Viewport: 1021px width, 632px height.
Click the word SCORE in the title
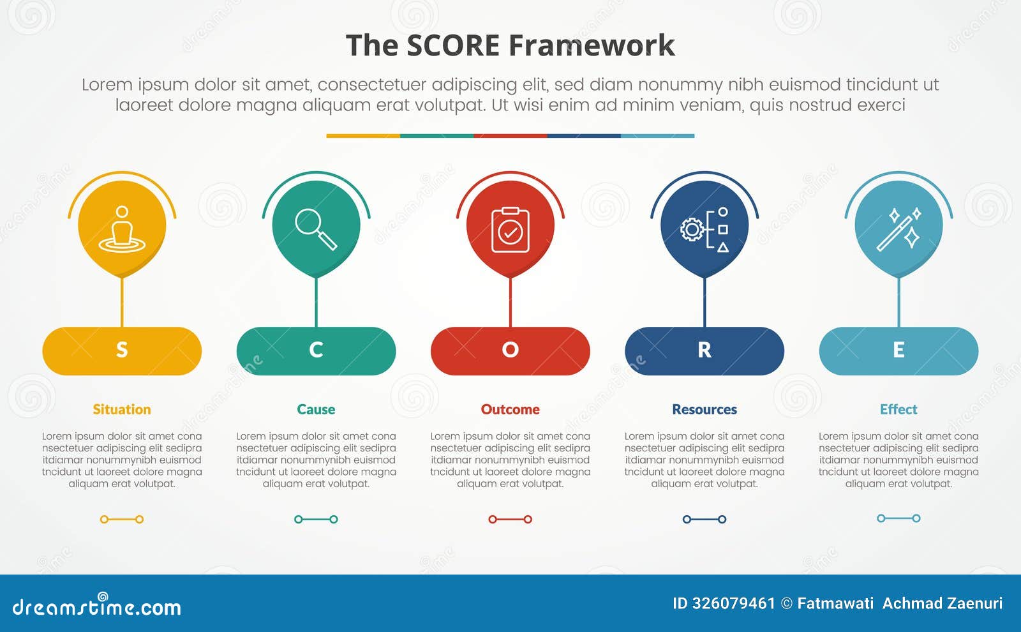452,46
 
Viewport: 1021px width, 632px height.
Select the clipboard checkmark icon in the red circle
510,230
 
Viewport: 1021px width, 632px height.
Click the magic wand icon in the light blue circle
898,229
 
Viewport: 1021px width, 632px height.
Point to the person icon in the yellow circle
122,229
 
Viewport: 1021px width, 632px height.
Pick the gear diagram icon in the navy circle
704,229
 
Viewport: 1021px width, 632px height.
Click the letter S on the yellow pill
122,350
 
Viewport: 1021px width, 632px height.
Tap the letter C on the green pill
316,350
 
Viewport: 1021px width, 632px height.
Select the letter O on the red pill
510,350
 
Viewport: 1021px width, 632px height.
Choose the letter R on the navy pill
704,350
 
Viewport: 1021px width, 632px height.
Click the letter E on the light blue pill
898,350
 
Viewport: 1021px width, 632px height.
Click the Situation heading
122,409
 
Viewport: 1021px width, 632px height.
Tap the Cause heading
316,409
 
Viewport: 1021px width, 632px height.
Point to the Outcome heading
510,409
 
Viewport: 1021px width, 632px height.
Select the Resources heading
704,409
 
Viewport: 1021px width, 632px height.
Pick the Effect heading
898,409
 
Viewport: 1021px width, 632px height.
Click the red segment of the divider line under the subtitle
510,136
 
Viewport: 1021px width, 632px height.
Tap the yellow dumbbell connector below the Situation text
122,519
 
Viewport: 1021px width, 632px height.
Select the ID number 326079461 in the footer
733,603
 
